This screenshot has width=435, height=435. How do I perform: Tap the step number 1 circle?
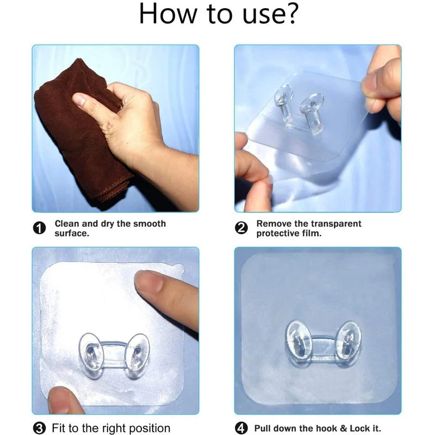[x=40, y=228]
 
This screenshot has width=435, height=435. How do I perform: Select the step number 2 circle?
[x=241, y=228]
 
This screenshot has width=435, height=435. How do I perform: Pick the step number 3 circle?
[x=40, y=428]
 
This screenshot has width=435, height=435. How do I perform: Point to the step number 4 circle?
[x=241, y=428]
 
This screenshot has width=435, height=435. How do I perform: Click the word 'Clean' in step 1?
[x=68, y=223]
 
